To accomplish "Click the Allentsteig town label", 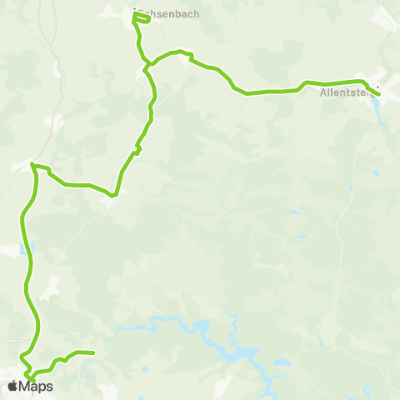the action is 346,93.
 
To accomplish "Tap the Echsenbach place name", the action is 168,13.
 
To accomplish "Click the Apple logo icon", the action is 12,386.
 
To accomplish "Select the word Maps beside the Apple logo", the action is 37,386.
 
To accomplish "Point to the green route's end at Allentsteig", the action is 380,95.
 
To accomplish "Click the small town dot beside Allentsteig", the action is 377,86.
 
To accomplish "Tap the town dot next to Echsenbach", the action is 135,9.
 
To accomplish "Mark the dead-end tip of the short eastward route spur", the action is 93,352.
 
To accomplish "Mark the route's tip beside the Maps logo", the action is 31,379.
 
